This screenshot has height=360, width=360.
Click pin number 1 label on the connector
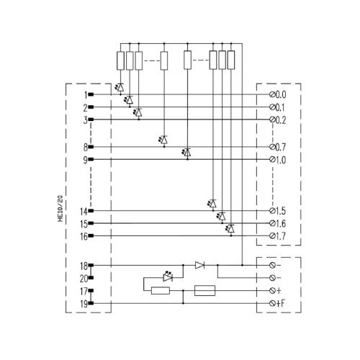[86, 95]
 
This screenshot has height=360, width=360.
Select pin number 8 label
[86, 148]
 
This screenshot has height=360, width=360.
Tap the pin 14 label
[84, 212]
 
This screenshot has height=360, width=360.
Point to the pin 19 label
[84, 304]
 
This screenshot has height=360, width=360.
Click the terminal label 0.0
[280, 95]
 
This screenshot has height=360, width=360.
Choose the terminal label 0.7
[280, 147]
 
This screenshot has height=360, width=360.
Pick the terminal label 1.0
[280, 160]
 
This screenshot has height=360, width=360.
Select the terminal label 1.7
[280, 236]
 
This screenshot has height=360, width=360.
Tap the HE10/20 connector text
[60, 208]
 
